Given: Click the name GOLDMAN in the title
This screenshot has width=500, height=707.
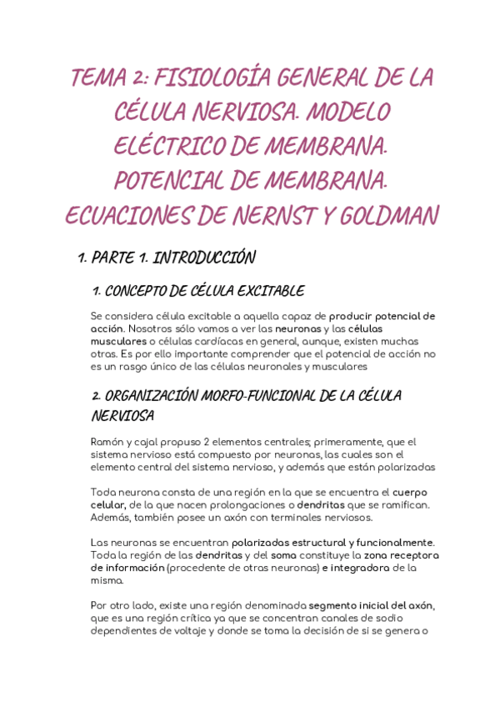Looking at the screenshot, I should (388, 218).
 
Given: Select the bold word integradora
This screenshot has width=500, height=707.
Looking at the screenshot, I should (360, 568).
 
